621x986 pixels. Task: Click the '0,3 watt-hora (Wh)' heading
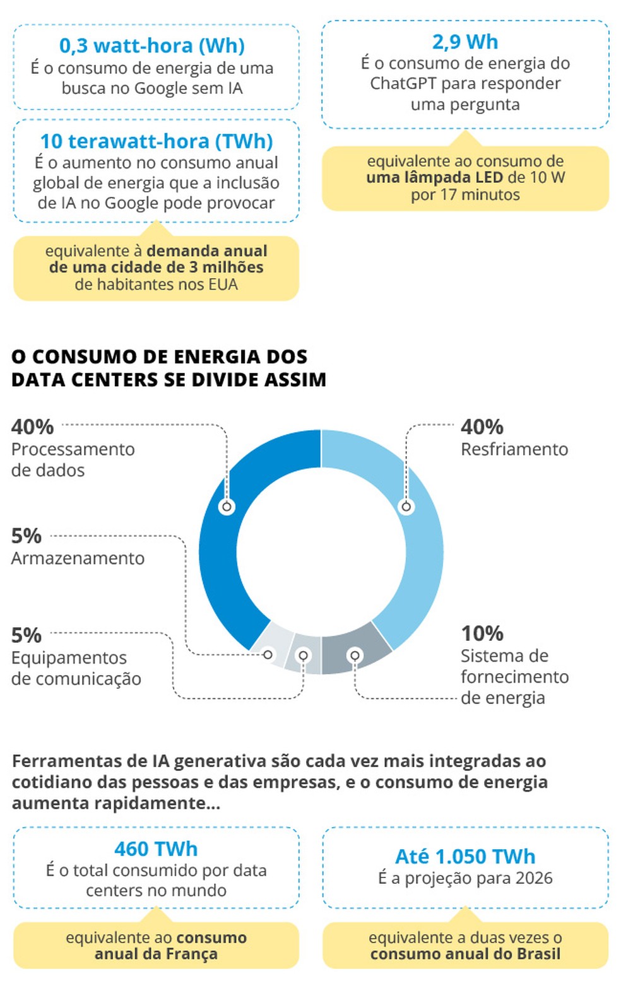[x=152, y=45]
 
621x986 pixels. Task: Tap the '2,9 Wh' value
[x=465, y=42]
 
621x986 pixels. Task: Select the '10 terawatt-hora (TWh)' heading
[x=156, y=141]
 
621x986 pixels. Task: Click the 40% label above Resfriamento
[x=482, y=427]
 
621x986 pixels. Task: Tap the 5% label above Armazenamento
[x=27, y=536]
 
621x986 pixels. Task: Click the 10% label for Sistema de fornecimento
[x=482, y=633]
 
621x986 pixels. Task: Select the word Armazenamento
[x=78, y=558]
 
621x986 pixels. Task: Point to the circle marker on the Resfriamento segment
[x=406, y=507]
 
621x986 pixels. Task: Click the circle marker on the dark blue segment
[x=227, y=507]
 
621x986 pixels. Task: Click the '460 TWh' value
[x=156, y=849]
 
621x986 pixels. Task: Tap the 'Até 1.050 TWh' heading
[x=465, y=856]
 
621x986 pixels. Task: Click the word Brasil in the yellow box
[x=535, y=954]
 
